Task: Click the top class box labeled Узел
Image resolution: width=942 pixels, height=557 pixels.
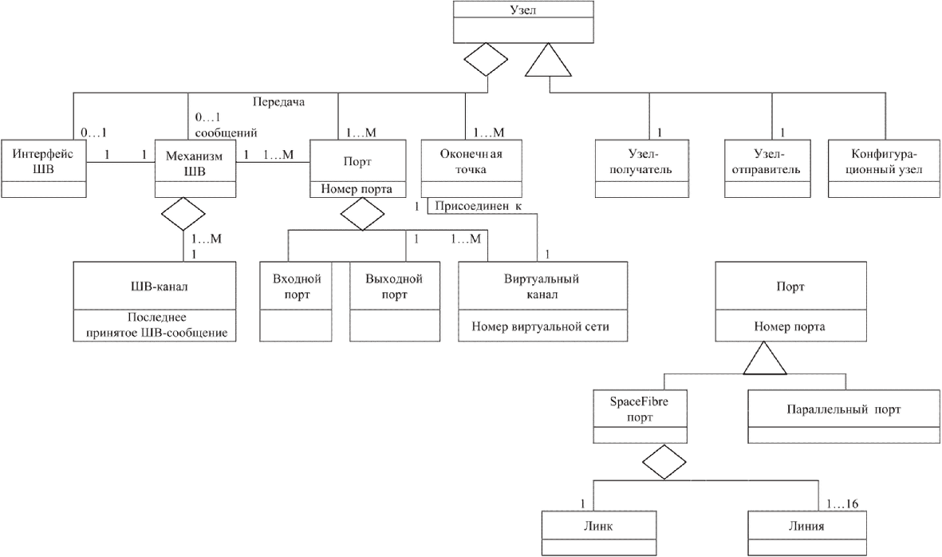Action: pyautogui.click(x=523, y=22)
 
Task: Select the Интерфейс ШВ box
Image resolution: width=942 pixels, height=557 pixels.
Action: pyautogui.click(x=43, y=169)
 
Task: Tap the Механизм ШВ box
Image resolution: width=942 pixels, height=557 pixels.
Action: pyautogui.click(x=195, y=169)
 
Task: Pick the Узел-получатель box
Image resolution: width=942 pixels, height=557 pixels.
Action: pyautogui.click(x=641, y=169)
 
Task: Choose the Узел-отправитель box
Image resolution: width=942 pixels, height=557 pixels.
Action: pyautogui.click(x=767, y=169)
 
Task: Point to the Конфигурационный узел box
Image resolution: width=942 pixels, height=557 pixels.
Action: pyautogui.click(x=885, y=169)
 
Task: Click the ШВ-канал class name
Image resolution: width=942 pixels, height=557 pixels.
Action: pyautogui.click(x=155, y=286)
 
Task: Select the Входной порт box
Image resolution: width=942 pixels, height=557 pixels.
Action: pyautogui.click(x=296, y=302)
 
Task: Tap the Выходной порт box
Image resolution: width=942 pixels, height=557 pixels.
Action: pyautogui.click(x=394, y=302)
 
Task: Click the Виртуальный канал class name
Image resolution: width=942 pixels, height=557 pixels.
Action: pyautogui.click(x=542, y=286)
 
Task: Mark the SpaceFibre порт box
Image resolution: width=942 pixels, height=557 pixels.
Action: pyautogui.click(x=640, y=417)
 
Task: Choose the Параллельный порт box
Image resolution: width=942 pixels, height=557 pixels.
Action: pyautogui.click(x=844, y=417)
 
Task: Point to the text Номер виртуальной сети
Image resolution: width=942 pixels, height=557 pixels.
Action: pyautogui.click(x=540, y=327)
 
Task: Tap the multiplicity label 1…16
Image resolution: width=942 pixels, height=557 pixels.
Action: pyautogui.click(x=842, y=504)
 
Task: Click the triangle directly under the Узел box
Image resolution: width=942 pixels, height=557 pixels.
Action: pyautogui.click(x=548, y=60)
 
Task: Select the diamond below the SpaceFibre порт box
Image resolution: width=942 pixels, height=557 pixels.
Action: pyautogui.click(x=664, y=462)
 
